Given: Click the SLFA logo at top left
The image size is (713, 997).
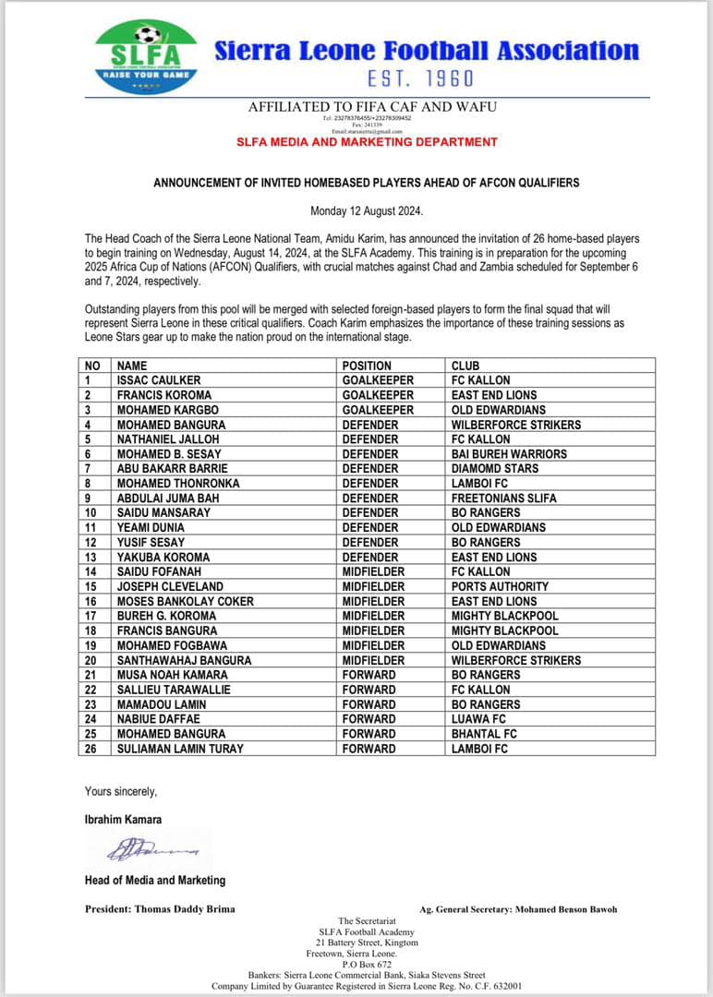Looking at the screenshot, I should pos(146,57).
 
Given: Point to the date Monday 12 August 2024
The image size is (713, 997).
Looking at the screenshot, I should pos(367,211).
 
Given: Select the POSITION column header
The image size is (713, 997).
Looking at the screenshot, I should pos(367,366).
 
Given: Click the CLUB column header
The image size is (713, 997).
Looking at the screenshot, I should pos(465,366).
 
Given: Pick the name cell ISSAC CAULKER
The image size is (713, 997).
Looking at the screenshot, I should pos(158,380).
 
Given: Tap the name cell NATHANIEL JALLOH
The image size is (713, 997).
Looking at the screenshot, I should pos(168,439).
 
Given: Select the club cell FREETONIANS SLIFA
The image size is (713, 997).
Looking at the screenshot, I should pos(504,498).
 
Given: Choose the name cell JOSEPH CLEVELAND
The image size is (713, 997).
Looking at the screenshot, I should pos(170,586).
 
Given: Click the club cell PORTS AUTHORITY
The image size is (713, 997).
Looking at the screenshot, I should pos(500,586).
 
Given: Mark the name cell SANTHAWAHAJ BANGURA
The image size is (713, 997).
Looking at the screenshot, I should pos(182,660).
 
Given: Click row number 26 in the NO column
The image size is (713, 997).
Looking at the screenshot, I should pos(91,749).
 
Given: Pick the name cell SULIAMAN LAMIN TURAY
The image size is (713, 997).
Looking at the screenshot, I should pos(180,749).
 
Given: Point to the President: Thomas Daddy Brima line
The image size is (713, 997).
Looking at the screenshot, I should pos(160,908).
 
